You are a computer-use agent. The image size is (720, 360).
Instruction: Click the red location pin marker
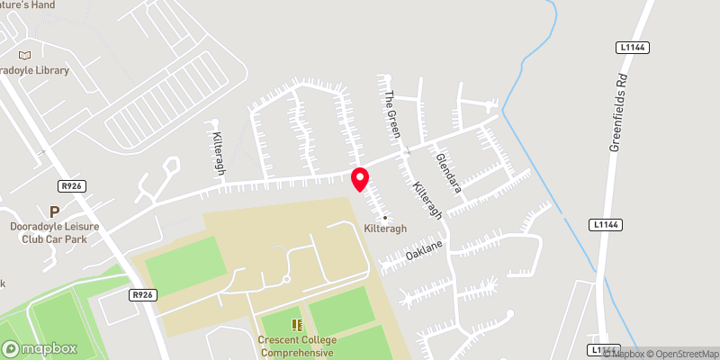click(x=359, y=178)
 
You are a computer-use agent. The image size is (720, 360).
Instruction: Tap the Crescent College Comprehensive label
click(x=296, y=346)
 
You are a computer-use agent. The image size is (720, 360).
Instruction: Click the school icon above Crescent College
click(x=296, y=325)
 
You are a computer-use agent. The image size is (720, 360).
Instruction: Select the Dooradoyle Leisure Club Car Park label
click(x=54, y=232)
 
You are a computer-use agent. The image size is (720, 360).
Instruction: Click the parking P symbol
click(x=54, y=212)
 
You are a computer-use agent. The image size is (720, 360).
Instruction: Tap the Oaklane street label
click(x=427, y=249)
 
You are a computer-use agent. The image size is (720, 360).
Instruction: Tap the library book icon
click(x=36, y=56)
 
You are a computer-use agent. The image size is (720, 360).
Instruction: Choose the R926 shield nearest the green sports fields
click(x=141, y=294)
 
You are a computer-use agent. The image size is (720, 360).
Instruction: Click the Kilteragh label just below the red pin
click(x=385, y=229)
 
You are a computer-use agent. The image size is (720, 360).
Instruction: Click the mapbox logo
click(x=40, y=348)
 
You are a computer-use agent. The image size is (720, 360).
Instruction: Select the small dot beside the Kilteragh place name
click(x=385, y=217)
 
